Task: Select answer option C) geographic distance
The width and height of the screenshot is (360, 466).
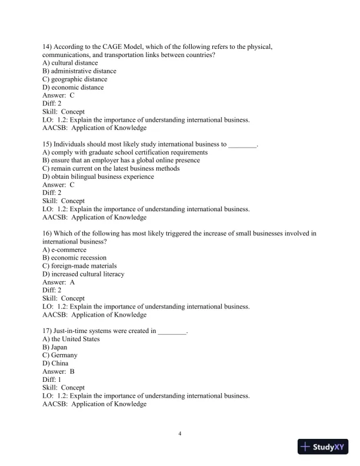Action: (75, 79)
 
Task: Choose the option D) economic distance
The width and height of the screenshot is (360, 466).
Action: (73, 88)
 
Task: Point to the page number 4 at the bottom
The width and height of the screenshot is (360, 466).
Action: (180, 434)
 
